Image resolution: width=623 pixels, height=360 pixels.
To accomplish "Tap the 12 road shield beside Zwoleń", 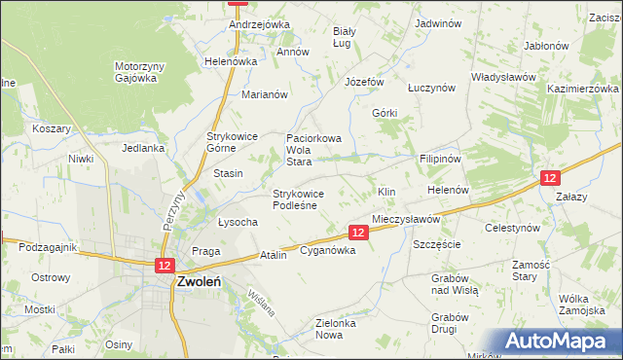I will click(x=164, y=266).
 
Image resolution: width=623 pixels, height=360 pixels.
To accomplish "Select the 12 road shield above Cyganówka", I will click(x=358, y=233).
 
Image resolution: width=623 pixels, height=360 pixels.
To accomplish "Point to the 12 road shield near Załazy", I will click(x=550, y=178).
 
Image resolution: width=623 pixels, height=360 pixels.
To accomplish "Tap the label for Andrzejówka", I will click(x=260, y=24).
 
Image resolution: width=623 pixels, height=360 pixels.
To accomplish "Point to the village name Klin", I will click(x=386, y=192).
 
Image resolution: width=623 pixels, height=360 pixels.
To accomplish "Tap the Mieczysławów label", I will click(x=406, y=220).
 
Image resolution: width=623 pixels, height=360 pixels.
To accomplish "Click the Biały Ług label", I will click(x=344, y=37).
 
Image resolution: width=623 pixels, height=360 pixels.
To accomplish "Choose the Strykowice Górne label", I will click(x=229, y=143).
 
